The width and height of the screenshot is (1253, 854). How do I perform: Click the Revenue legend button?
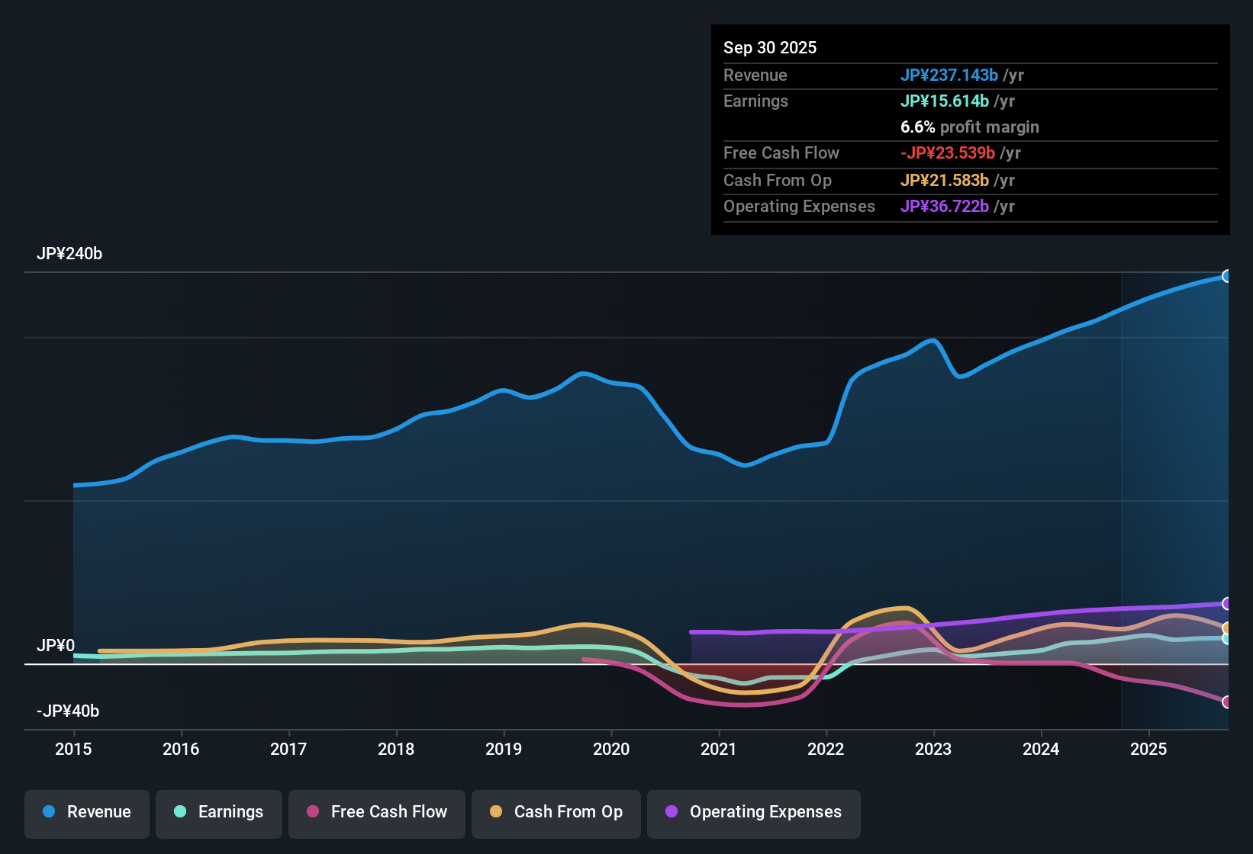(87, 812)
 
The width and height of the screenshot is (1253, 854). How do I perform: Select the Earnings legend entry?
(219, 812)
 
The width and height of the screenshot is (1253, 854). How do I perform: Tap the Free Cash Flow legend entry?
(377, 812)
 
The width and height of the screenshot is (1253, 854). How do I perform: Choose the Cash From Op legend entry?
(556, 812)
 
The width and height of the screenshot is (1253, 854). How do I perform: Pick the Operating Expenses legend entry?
(753, 812)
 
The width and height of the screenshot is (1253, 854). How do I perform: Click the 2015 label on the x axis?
(73, 749)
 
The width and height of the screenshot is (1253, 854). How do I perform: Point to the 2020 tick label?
(611, 749)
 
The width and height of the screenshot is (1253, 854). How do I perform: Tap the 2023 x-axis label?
(933, 749)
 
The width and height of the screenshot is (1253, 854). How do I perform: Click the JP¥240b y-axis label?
(69, 254)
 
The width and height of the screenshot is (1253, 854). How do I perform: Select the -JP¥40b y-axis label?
(68, 711)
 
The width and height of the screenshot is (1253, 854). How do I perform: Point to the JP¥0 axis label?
(56, 646)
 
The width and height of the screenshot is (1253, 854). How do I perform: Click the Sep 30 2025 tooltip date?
(770, 48)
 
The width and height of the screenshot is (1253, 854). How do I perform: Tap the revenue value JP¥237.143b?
(949, 75)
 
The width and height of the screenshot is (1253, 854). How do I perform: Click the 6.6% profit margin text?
(969, 127)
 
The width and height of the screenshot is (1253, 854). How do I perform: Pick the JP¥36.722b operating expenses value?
(944, 207)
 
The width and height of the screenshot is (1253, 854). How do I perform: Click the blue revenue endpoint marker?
(1226, 276)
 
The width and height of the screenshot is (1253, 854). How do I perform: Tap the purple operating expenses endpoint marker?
(1226, 604)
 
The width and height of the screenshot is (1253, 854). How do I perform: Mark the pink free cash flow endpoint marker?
(1226, 701)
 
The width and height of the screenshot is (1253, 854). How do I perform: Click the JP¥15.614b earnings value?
(944, 101)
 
